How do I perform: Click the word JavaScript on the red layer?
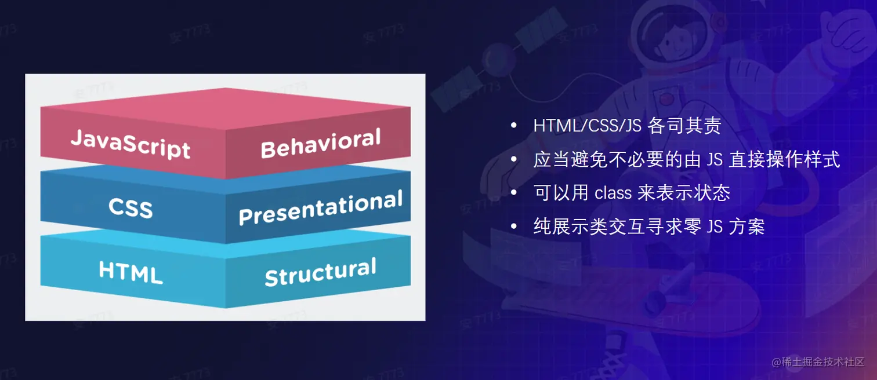tap(131, 144)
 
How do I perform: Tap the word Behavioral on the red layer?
tap(321, 143)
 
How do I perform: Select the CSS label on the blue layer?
tap(131, 207)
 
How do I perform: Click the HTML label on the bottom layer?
tap(131, 272)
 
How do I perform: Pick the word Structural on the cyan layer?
tap(321, 272)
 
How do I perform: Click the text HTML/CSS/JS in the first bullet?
tap(587, 126)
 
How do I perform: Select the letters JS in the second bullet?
tap(715, 159)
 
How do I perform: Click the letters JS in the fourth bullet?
tap(715, 226)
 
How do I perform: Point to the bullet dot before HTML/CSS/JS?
tap(514, 126)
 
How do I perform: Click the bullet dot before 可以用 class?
tap(514, 193)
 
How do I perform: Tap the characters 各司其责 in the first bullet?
tap(684, 126)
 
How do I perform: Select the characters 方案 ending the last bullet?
tap(747, 226)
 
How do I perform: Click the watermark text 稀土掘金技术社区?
tap(823, 362)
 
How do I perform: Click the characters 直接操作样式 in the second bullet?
tap(785, 159)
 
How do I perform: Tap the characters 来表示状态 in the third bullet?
tap(684, 193)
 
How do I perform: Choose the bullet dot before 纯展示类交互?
tap(514, 226)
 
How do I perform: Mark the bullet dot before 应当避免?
tap(514, 159)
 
